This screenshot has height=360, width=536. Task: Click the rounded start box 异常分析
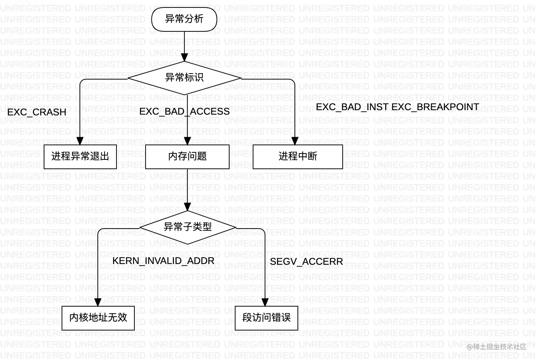(x=184, y=19)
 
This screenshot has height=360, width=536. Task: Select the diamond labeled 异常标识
(x=184, y=78)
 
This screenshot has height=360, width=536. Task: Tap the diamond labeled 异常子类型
(x=188, y=227)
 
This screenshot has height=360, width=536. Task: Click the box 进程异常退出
(x=80, y=156)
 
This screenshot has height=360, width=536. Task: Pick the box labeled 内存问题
(x=187, y=156)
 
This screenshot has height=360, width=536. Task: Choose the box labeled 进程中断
(x=297, y=156)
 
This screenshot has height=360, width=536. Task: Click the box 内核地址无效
(x=98, y=318)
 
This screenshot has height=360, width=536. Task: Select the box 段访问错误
(x=266, y=318)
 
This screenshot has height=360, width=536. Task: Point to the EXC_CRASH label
(x=37, y=112)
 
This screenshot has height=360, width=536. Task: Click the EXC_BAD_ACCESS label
(x=184, y=111)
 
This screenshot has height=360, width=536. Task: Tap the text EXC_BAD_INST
(x=352, y=107)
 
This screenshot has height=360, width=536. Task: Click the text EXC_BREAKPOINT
(x=435, y=107)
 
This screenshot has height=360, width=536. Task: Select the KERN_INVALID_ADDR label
(x=163, y=261)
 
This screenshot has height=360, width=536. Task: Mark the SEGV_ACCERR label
(x=306, y=261)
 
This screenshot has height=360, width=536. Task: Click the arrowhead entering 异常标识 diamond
(x=184, y=58)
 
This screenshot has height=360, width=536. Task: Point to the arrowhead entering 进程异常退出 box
(x=80, y=141)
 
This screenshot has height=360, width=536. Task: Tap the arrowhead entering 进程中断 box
(x=295, y=141)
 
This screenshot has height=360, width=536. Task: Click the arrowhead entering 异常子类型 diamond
(x=188, y=207)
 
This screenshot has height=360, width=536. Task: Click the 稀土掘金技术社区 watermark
(x=496, y=347)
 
